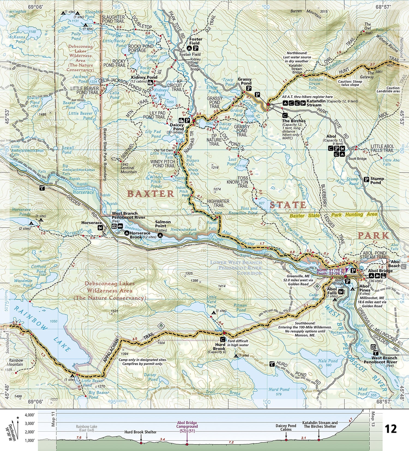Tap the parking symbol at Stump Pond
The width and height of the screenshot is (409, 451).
(x=367, y=180)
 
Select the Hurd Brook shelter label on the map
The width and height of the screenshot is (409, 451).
(x=219, y=347)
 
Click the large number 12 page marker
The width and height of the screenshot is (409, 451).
(x=390, y=429)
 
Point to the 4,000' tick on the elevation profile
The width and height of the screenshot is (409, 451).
(x=29, y=415)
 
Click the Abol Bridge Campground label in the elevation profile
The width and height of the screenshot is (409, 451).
(x=187, y=426)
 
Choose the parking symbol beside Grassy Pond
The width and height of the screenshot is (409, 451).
(x=249, y=88)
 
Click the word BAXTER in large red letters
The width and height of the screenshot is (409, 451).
(x=151, y=194)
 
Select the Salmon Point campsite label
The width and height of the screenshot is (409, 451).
(x=163, y=224)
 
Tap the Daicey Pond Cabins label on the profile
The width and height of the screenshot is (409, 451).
(x=286, y=427)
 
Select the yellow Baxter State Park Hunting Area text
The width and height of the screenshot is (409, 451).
(x=333, y=215)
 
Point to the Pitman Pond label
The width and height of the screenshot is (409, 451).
(x=240, y=308)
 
